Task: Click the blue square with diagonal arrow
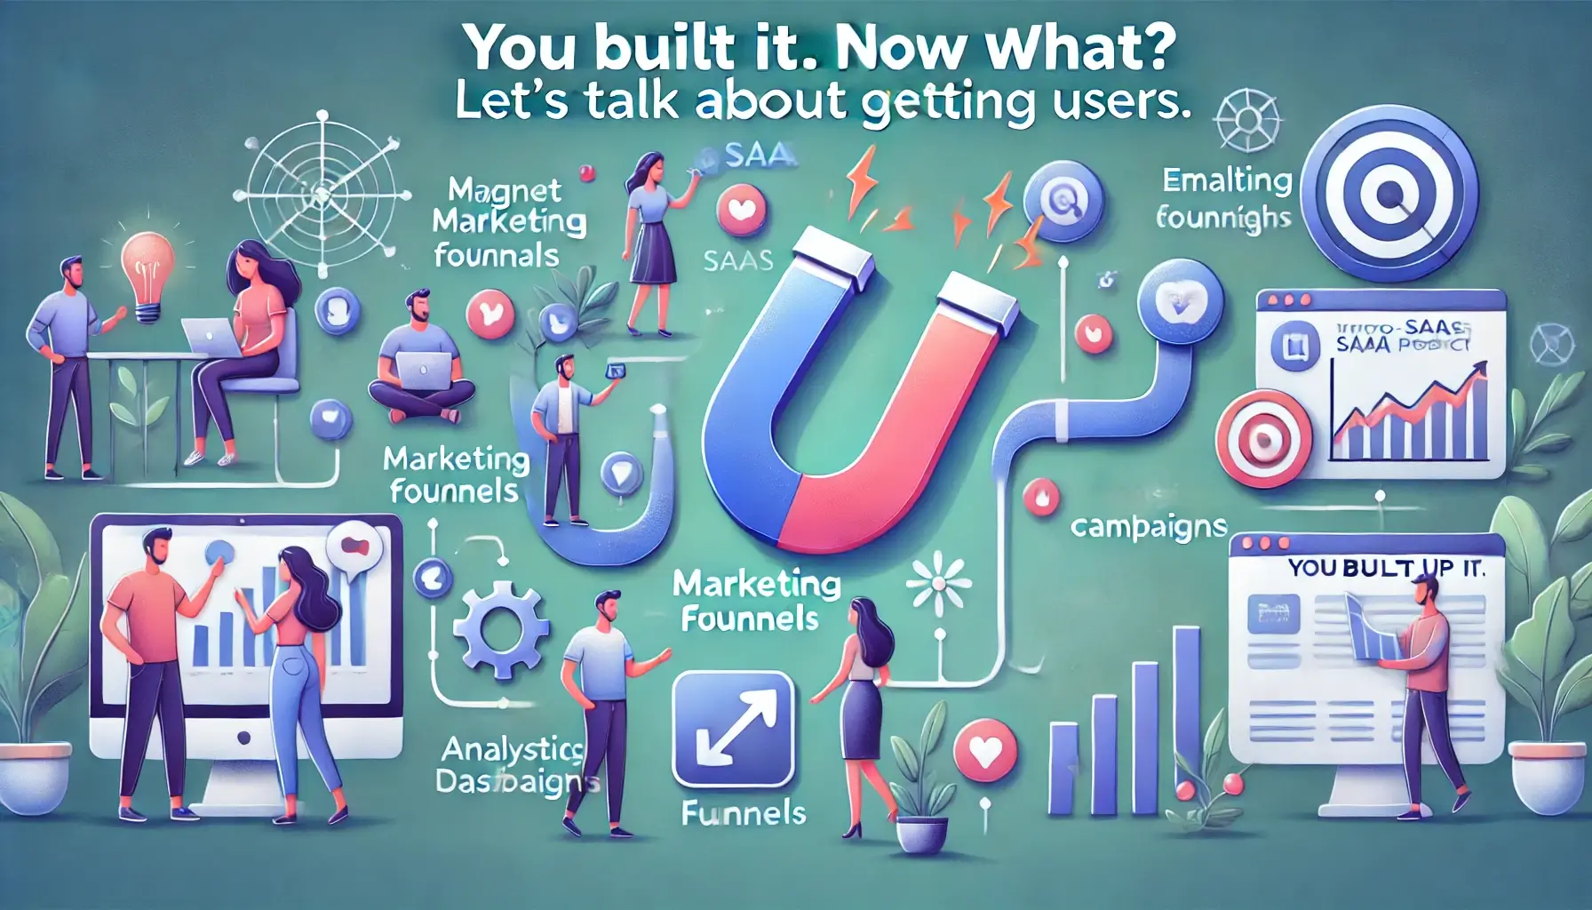click(x=733, y=730)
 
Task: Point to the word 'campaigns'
click(x=1148, y=527)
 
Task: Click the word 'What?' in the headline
click(x=1080, y=48)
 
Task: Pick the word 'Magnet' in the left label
click(x=505, y=190)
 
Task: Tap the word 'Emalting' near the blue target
click(x=1227, y=180)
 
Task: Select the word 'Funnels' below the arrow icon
click(x=744, y=812)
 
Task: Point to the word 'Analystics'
click(x=513, y=749)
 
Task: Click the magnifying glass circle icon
click(x=1063, y=201)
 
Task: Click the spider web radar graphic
click(x=321, y=190)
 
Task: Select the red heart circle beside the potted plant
click(x=984, y=752)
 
